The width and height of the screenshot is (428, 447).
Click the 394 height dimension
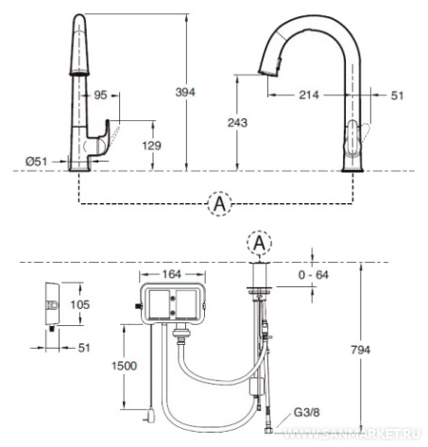click(x=185, y=92)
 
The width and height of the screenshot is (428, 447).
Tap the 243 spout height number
click(x=237, y=123)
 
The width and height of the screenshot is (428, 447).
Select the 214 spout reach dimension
click(x=309, y=95)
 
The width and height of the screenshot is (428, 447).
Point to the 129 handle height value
click(x=151, y=146)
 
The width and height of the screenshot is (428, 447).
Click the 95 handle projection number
click(x=100, y=95)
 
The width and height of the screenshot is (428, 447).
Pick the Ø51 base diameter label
click(x=37, y=162)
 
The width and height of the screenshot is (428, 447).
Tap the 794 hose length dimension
click(x=361, y=350)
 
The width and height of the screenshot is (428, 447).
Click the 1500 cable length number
click(x=124, y=366)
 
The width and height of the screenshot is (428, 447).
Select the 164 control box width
click(x=172, y=274)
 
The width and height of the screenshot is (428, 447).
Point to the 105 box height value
click(x=80, y=304)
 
